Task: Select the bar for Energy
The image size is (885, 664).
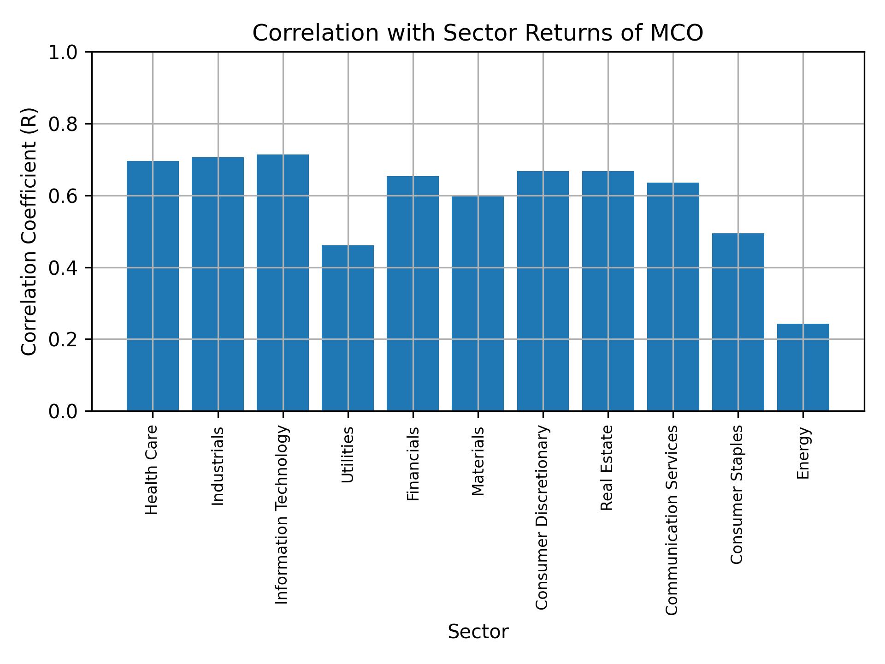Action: [x=803, y=367]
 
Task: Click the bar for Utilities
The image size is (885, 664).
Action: [x=348, y=328]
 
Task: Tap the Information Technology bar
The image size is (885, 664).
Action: [x=283, y=282]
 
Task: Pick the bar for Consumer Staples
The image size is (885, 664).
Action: [x=738, y=322]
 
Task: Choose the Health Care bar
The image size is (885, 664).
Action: [x=153, y=285]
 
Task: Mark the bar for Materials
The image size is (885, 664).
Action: [x=478, y=303]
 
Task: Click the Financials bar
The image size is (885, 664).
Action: [x=413, y=293]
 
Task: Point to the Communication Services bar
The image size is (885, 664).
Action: [x=673, y=296]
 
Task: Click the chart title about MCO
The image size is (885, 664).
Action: [x=478, y=33]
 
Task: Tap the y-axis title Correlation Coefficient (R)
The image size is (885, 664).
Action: [x=29, y=231]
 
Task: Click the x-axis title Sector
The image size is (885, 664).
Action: [x=478, y=632]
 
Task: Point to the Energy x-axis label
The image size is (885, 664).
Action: [x=802, y=453]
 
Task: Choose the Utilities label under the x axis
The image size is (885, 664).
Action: [x=347, y=455]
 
